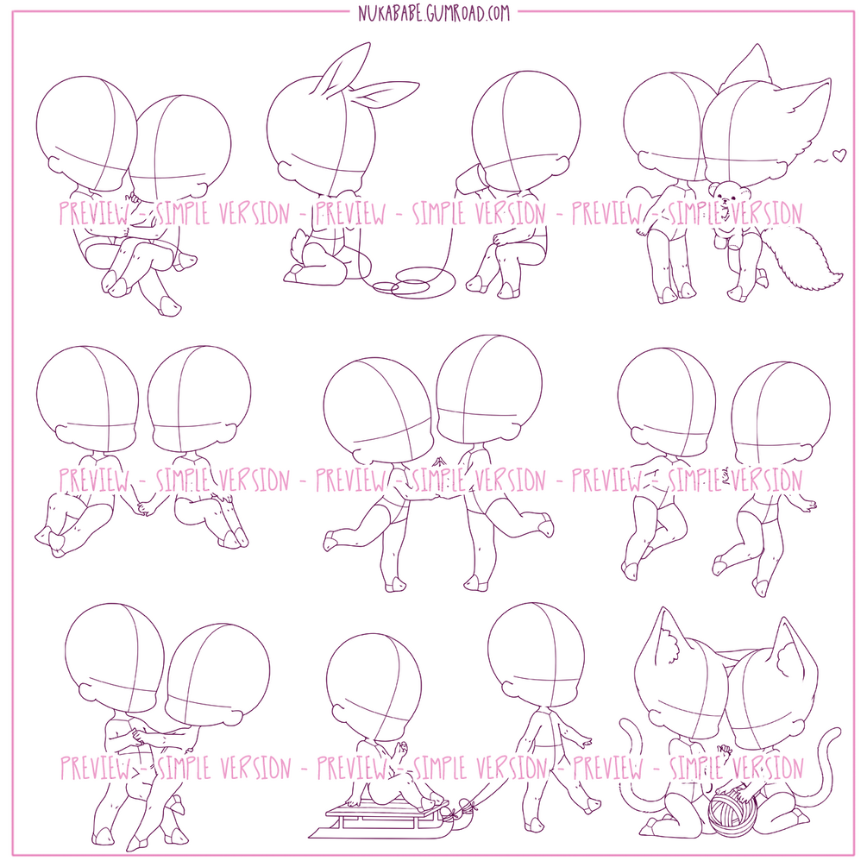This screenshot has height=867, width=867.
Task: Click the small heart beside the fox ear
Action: click(x=839, y=155)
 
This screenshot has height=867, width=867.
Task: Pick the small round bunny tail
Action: click(x=300, y=242)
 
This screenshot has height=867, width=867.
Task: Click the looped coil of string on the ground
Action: click(x=413, y=282)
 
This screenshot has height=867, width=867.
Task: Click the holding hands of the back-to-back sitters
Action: click(x=145, y=506)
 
